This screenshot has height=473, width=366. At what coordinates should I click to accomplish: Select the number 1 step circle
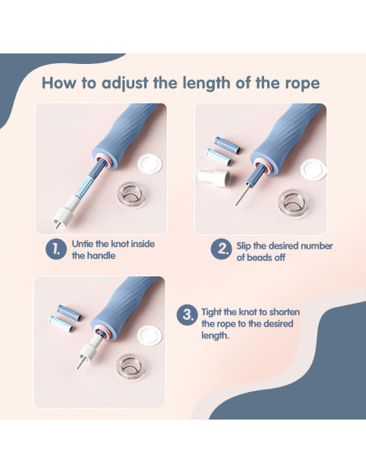click(x=56, y=249)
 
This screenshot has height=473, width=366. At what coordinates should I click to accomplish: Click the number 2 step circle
click(x=221, y=249)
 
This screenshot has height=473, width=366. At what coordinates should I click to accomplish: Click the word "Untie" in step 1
click(x=83, y=244)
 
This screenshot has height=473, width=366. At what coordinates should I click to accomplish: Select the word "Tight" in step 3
click(x=211, y=312)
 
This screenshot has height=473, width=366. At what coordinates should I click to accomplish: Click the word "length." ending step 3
click(x=215, y=335)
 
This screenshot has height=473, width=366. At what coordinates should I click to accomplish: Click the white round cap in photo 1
click(x=150, y=164)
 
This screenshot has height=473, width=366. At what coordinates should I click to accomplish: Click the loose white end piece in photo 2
click(x=215, y=177)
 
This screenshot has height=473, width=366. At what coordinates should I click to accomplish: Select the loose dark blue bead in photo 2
click(x=228, y=145)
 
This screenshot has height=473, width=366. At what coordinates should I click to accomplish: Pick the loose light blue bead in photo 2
click(x=219, y=156)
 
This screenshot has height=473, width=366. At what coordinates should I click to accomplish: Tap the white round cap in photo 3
click(x=150, y=336)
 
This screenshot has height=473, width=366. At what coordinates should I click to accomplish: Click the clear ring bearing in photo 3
click(x=131, y=367)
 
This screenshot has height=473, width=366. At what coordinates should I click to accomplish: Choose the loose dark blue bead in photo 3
click(x=70, y=313)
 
